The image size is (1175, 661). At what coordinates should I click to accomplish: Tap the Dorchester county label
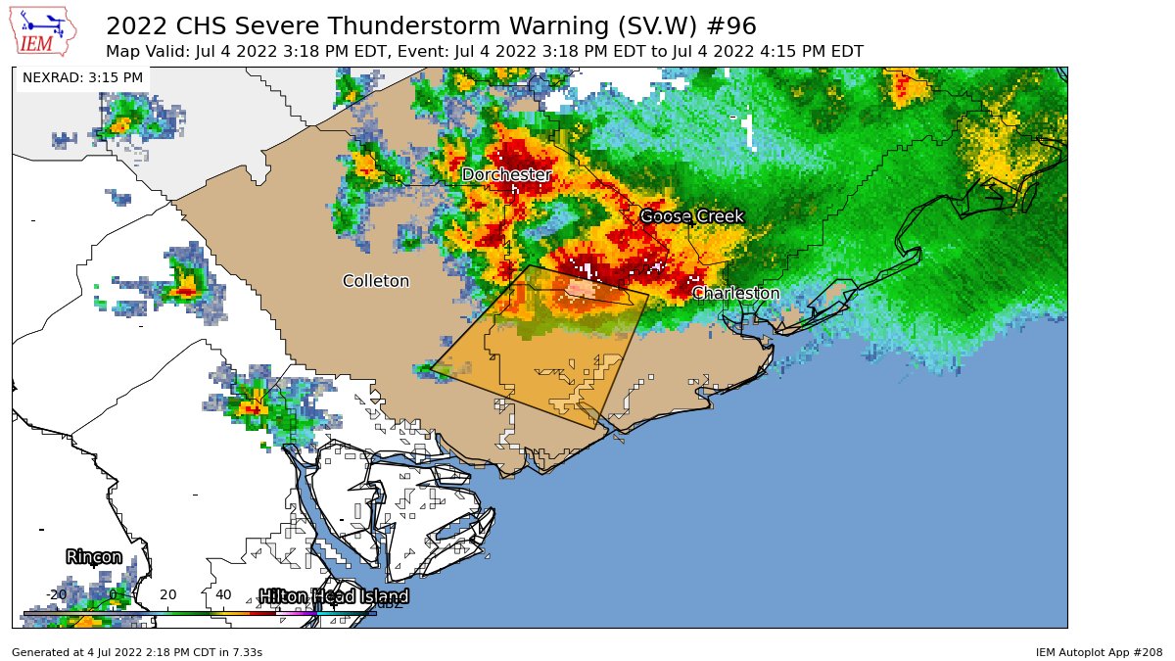click(506, 174)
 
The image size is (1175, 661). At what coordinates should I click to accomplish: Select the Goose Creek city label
click(692, 216)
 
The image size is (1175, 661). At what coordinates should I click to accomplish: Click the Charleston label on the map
click(735, 293)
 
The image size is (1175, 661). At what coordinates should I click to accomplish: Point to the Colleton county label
click(376, 281)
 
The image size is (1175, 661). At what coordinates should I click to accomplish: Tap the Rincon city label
click(94, 556)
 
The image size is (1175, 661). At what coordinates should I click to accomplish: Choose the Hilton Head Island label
click(333, 596)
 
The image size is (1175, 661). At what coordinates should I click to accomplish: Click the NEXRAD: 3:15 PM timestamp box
click(82, 77)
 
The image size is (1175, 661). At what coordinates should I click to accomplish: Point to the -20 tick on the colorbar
click(56, 594)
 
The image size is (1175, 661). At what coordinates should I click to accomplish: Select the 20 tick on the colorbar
click(167, 594)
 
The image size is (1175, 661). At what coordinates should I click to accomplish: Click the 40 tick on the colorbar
click(223, 594)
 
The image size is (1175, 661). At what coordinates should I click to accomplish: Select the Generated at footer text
click(137, 651)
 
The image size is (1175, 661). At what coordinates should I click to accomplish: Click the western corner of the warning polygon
click(430, 368)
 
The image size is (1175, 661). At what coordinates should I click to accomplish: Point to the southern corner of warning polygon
click(594, 428)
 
